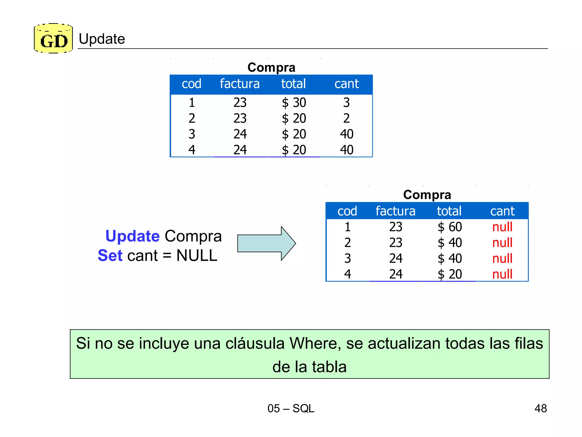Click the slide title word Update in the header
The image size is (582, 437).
coord(102,39)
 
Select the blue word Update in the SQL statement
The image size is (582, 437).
coord(132,236)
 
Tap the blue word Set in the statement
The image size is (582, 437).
coord(110,255)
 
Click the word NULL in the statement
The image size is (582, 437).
coord(197,255)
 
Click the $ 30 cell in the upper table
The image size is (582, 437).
coord(294,102)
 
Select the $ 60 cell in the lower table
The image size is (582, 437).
coord(450,227)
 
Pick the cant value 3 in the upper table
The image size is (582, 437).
coord(346,102)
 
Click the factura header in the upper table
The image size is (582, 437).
coord(240,84)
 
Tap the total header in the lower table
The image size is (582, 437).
coord(449,211)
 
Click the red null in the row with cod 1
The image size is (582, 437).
coord(502,227)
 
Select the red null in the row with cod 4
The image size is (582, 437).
coord(502,274)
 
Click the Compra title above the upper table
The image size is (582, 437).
coord(271,67)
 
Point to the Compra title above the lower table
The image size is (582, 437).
coord(427,195)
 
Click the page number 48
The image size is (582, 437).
coord(541,408)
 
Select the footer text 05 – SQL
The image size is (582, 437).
coord(291,408)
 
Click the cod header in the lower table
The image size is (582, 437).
coord(347,211)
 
